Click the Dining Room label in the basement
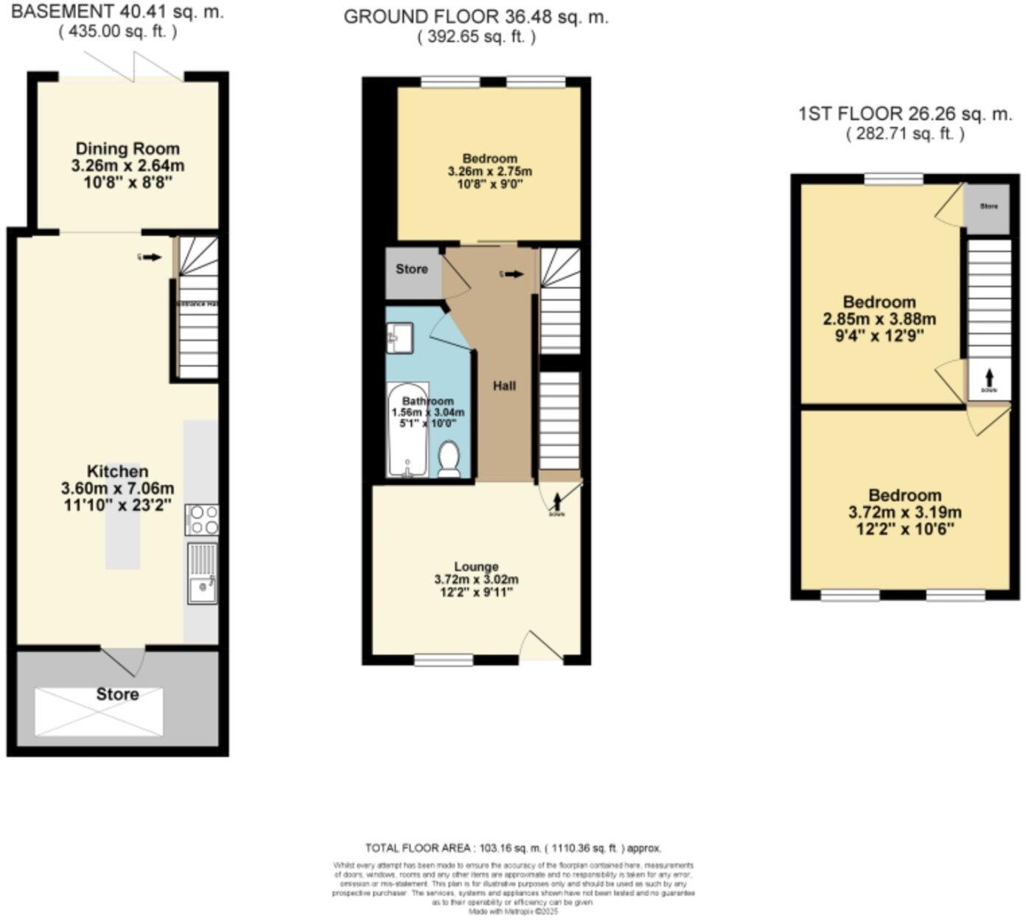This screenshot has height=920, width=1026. click(128, 149)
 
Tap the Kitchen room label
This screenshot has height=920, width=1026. click(118, 471)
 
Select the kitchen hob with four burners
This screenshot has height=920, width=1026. click(201, 519)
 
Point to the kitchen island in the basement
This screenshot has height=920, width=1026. click(122, 516)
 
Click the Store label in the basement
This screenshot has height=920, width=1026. click(117, 694)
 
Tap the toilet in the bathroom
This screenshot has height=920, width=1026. click(449, 460)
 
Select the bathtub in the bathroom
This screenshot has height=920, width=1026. click(408, 431)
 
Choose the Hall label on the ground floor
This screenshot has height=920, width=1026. click(504, 386)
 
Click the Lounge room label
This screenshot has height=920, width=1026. click(476, 567)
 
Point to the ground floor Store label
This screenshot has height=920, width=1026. click(411, 269)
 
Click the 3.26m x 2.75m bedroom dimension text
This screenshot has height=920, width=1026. click(489, 172)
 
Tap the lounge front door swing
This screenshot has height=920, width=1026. click(542, 646)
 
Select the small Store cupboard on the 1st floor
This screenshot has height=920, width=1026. click(988, 209)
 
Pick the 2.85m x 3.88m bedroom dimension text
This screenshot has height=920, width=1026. click(879, 319)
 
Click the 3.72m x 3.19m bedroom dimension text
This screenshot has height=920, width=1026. click(904, 512)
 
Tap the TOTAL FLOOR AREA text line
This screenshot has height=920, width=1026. click(513, 848)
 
